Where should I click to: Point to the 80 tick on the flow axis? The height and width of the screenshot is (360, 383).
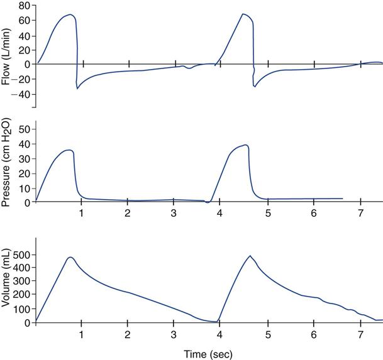pyautogui.click(x=25, y=6)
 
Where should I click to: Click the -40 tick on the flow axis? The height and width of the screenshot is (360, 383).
pyautogui.click(x=23, y=94)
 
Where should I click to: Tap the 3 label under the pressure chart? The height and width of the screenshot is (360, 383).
pyautogui.click(x=174, y=214)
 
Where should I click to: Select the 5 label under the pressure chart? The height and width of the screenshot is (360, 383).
pyautogui.click(x=267, y=214)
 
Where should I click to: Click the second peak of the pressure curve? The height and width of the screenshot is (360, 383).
pyautogui.click(x=246, y=145)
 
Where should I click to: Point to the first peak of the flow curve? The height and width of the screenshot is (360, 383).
pyautogui.click(x=70, y=14)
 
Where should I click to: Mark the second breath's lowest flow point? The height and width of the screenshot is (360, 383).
pyautogui.click(x=255, y=87)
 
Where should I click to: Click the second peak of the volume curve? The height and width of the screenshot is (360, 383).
pyautogui.click(x=250, y=256)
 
